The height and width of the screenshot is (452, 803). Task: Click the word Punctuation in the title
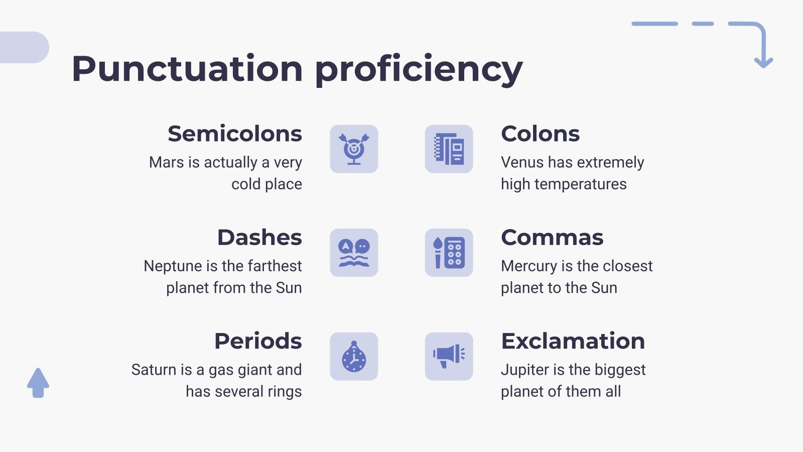coord(187,69)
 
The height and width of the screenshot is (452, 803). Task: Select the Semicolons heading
coord(235,134)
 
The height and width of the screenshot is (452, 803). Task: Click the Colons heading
coord(540,134)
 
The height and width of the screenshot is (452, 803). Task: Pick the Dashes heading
coord(259,237)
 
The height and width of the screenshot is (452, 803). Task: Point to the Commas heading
coord(552,237)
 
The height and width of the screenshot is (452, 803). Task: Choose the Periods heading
coord(258,341)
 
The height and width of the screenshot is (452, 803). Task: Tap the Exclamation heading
coord(573,341)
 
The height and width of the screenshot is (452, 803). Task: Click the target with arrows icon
coord(354,149)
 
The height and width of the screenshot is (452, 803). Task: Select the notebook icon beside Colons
coord(449,149)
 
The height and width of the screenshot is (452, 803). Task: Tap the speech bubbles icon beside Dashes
coord(354,253)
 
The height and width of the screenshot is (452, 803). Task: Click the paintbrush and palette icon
coord(449,253)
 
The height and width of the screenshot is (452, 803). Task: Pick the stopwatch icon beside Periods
coord(354,357)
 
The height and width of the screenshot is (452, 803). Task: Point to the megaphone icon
coord(449,357)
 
